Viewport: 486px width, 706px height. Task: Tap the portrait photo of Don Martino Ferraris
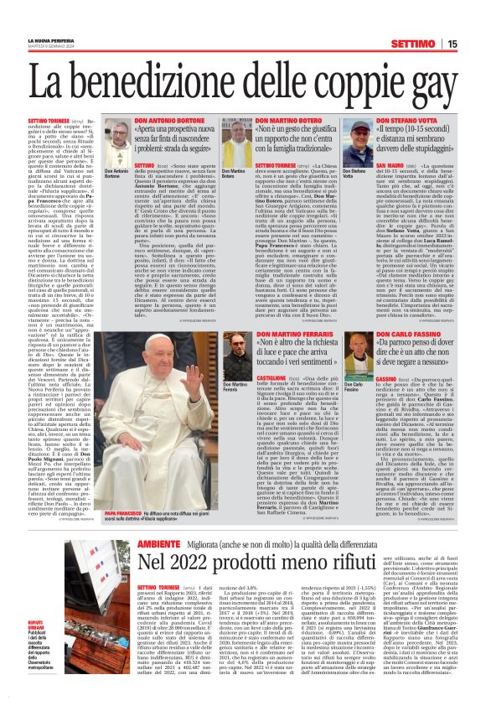click(237, 356)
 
